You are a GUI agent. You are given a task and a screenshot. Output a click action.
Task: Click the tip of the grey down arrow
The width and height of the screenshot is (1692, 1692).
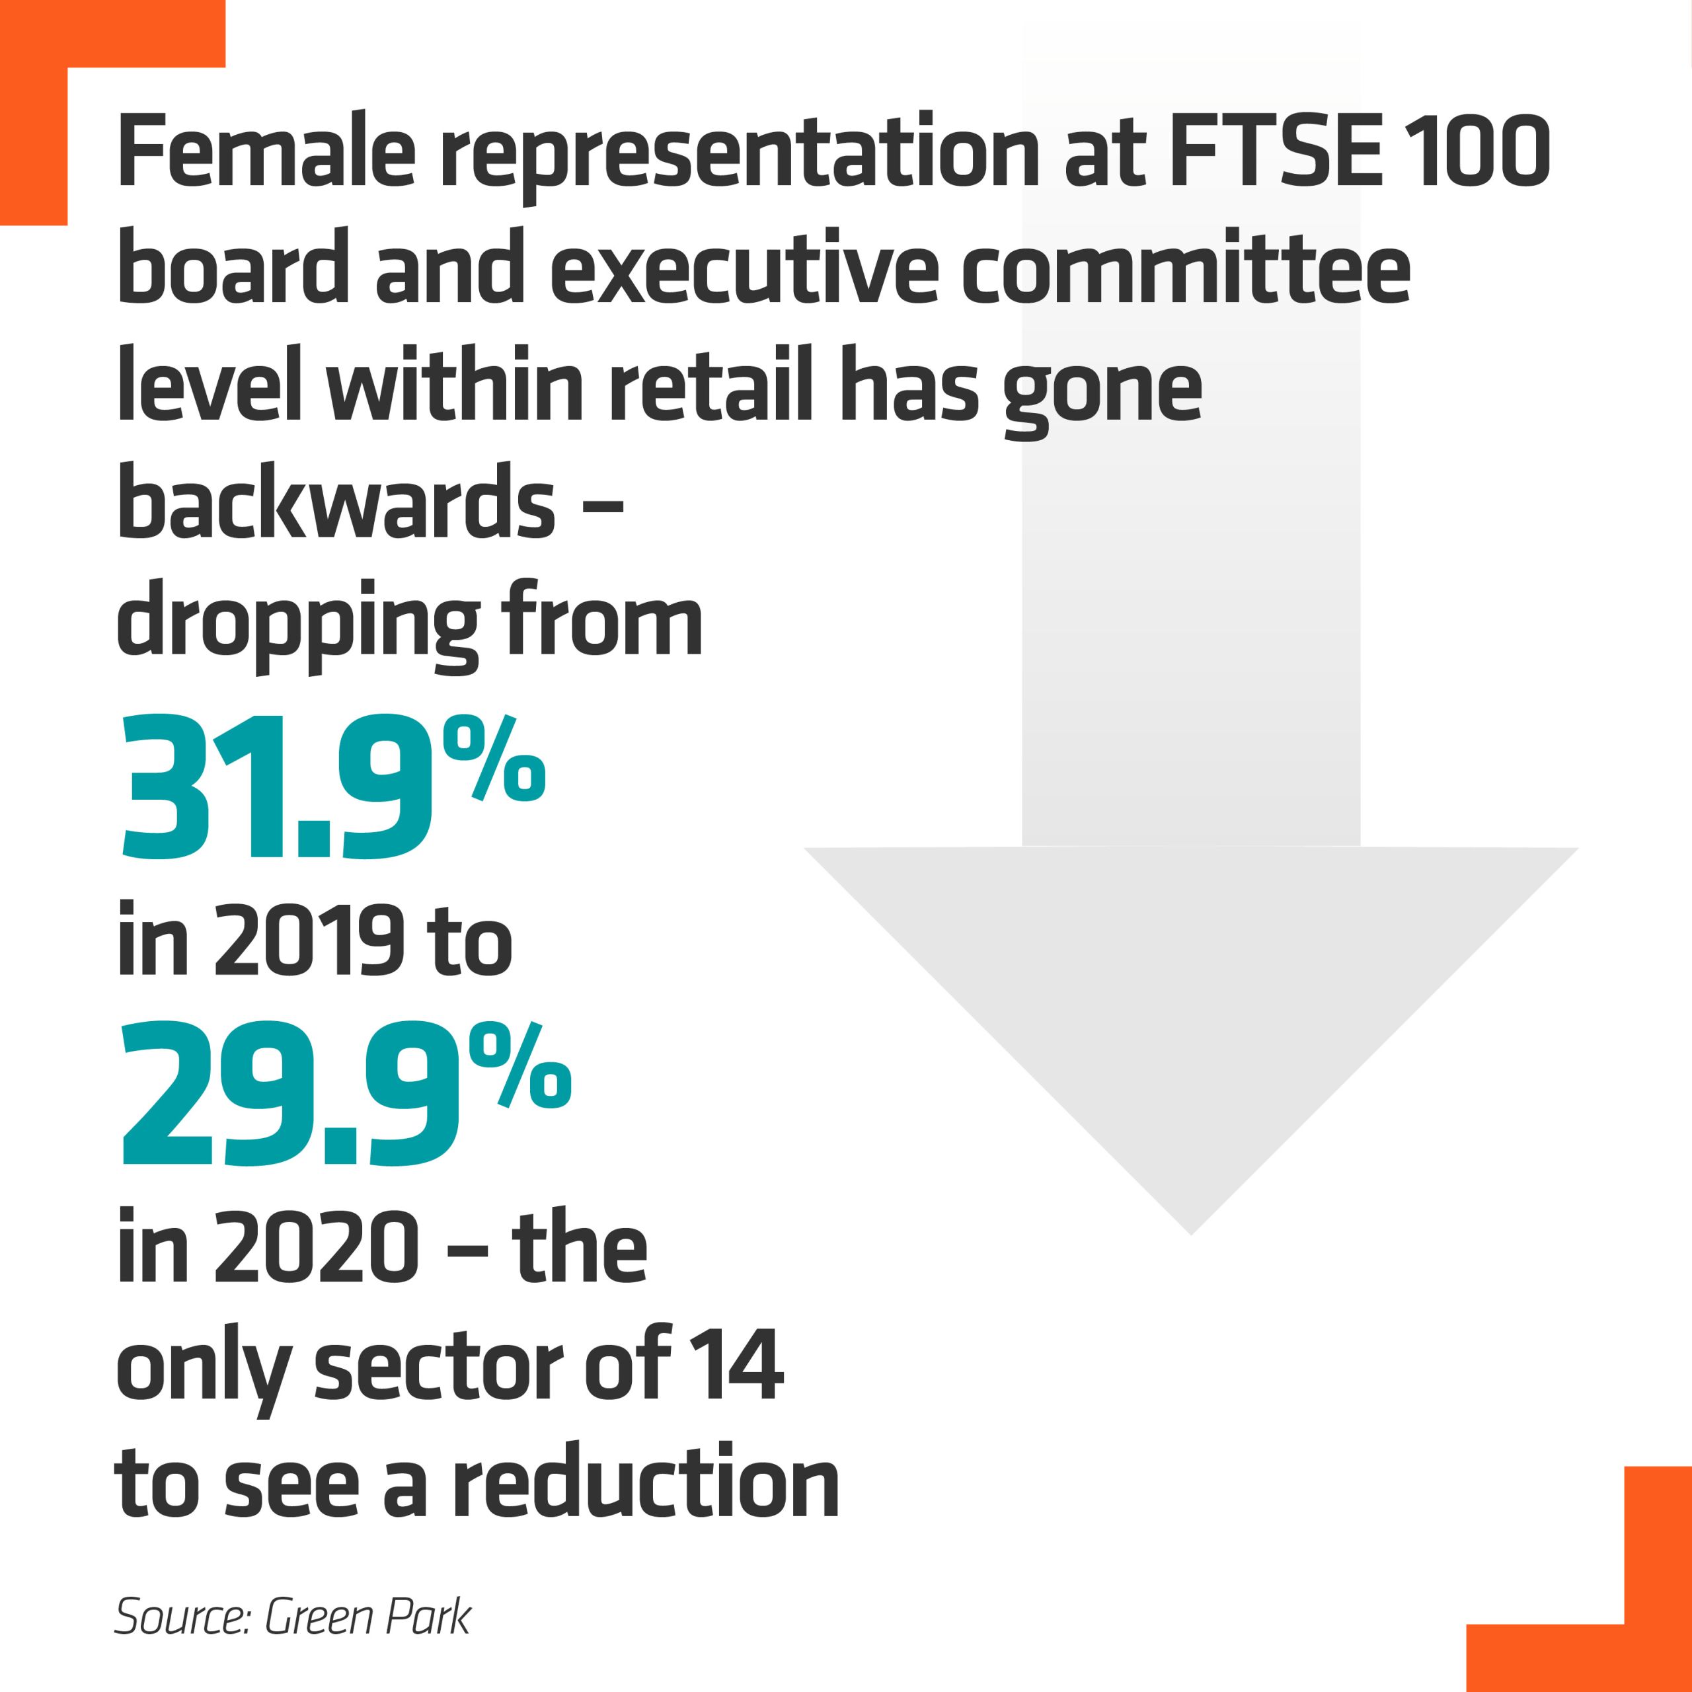[x=1191, y=1231]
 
